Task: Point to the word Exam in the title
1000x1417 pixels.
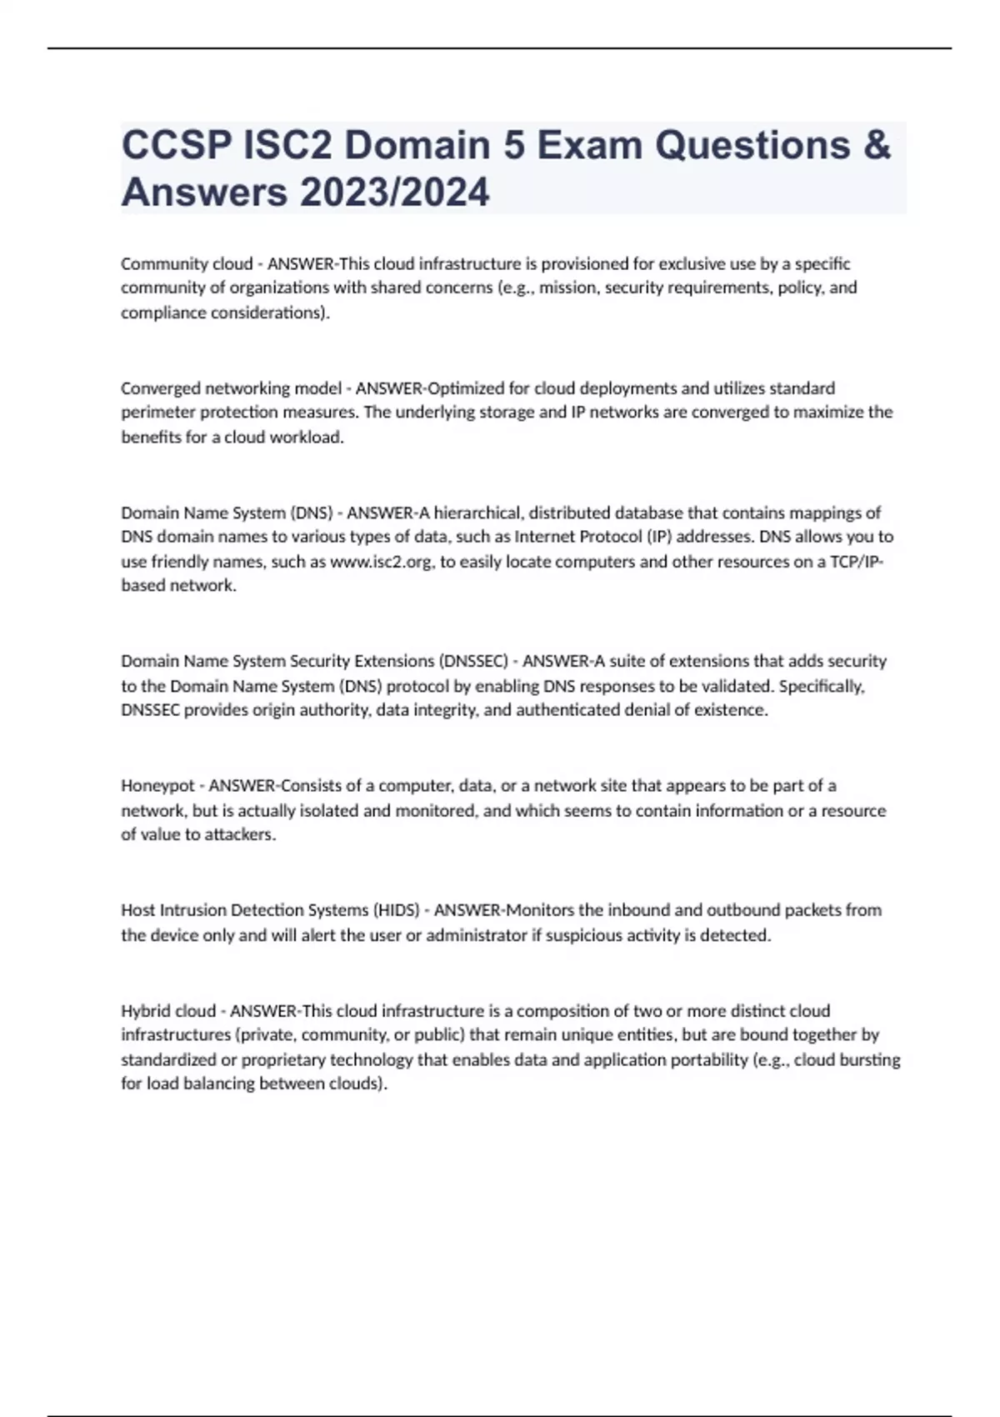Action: point(586,146)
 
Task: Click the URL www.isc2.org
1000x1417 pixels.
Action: point(382,562)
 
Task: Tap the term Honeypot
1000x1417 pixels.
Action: point(157,786)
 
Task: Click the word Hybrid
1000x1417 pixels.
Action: point(143,1011)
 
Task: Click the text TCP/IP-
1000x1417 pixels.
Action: point(857,562)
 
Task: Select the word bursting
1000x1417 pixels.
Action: point(873,1060)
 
